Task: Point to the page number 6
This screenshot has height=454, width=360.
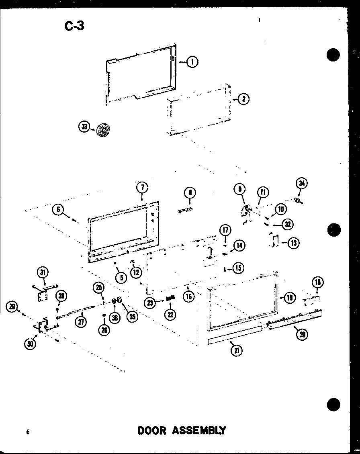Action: (28, 432)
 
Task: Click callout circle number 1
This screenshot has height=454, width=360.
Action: (192, 61)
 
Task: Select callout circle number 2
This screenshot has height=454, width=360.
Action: (243, 98)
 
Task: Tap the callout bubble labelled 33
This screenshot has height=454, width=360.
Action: (84, 127)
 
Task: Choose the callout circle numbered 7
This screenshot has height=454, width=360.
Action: (142, 187)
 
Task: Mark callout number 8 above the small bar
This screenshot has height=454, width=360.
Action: (190, 193)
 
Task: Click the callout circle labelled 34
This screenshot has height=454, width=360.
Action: (301, 184)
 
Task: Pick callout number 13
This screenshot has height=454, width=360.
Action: (294, 243)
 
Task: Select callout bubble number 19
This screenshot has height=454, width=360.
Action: (289, 298)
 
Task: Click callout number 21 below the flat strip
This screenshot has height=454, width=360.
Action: (237, 350)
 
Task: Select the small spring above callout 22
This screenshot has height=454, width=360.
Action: (170, 298)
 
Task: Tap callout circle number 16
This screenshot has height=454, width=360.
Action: (188, 297)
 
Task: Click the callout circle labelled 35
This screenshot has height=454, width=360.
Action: (132, 316)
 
